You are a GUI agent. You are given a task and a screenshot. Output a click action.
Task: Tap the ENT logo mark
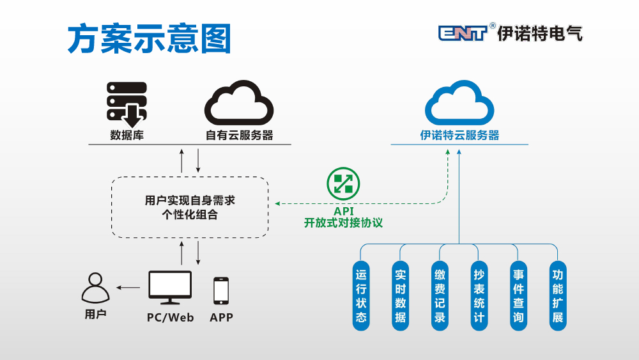tap(463, 33)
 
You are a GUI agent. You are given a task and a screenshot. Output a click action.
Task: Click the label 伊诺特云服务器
tap(459, 136)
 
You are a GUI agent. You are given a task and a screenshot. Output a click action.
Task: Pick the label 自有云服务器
tap(239, 136)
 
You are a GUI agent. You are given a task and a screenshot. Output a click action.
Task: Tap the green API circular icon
tap(343, 184)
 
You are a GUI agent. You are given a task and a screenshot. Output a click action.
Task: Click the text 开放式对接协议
tap(343, 223)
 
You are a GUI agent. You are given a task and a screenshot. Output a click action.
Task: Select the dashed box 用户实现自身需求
tap(190, 207)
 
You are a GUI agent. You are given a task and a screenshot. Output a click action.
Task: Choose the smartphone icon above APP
tap(221, 290)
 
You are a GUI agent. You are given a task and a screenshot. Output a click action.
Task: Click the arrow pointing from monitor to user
tap(128, 288)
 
